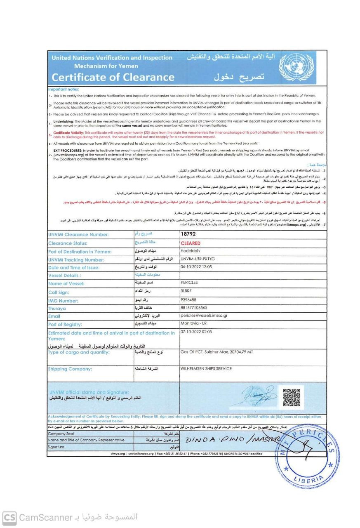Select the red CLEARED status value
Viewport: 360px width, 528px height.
pyautogui.click(x=191, y=243)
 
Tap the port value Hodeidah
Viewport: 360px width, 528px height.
pyautogui.click(x=191, y=251)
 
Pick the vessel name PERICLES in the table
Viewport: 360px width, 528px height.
pyautogui.click(x=190, y=283)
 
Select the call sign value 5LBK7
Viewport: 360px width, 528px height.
pyautogui.click(x=187, y=291)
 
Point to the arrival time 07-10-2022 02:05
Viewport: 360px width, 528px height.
pyautogui.click(x=198, y=332)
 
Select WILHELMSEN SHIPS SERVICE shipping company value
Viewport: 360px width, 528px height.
pyautogui.click(x=207, y=369)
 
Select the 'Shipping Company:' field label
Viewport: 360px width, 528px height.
pyautogui.click(x=70, y=369)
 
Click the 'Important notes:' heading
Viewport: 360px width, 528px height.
pyautogui.click(x=64, y=88)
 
